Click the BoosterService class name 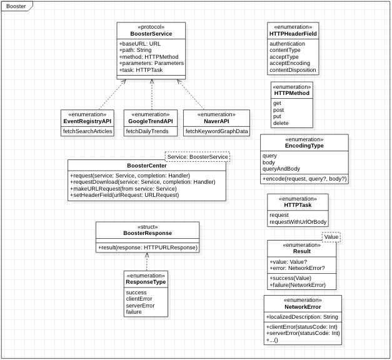coord(151,33)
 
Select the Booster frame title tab coord(16,6)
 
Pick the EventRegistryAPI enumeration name coord(88,121)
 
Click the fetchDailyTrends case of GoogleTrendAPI coord(148,131)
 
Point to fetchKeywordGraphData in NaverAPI coord(216,131)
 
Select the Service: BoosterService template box coord(197,156)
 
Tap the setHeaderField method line coord(124,196)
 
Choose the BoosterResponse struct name coord(147,233)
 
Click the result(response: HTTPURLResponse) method coord(148,247)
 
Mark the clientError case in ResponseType coord(139,299)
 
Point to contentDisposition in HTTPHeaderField coord(293,70)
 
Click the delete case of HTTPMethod coord(281,123)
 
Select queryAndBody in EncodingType coord(281,169)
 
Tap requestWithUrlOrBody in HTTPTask coord(298,222)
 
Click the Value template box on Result coord(331,237)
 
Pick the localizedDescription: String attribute coord(302,317)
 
